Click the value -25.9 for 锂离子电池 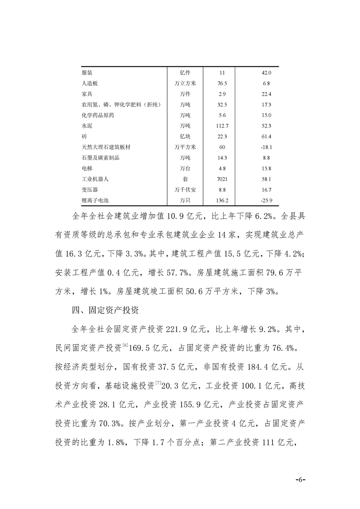(266, 200)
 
